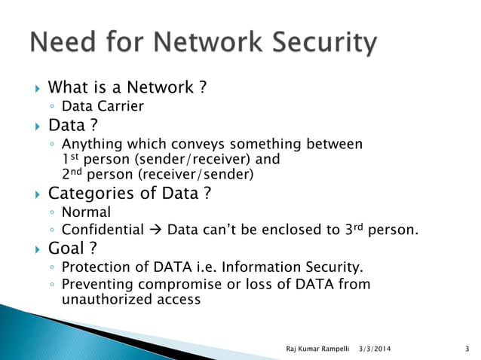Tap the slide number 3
click(x=468, y=347)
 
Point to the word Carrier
click(x=119, y=106)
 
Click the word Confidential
click(x=103, y=229)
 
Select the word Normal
click(x=86, y=212)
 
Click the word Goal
click(x=66, y=249)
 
